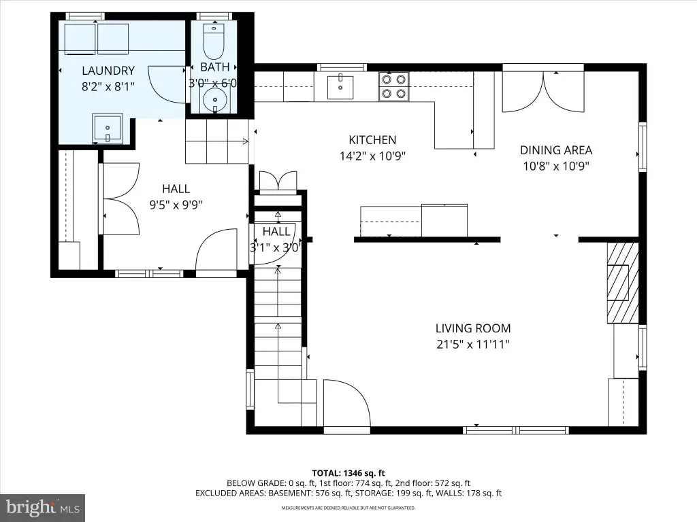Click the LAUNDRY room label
click(x=108, y=71)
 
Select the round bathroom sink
click(x=214, y=99)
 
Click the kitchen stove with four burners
click(x=394, y=86)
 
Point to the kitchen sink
click(x=340, y=87)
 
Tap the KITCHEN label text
click(x=372, y=140)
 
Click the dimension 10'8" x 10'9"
click(x=556, y=167)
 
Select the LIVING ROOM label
click(x=473, y=328)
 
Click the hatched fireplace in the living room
click(x=623, y=283)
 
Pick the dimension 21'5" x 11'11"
click(x=473, y=345)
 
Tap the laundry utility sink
click(x=107, y=128)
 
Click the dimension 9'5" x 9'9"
click(x=176, y=205)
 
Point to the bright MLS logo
click(x=43, y=507)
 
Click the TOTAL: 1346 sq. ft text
click(x=348, y=473)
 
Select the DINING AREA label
click(x=556, y=150)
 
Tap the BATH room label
click(x=214, y=67)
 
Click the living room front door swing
click(x=346, y=402)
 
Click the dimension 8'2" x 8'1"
click(x=108, y=86)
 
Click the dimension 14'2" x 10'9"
click(x=372, y=156)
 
